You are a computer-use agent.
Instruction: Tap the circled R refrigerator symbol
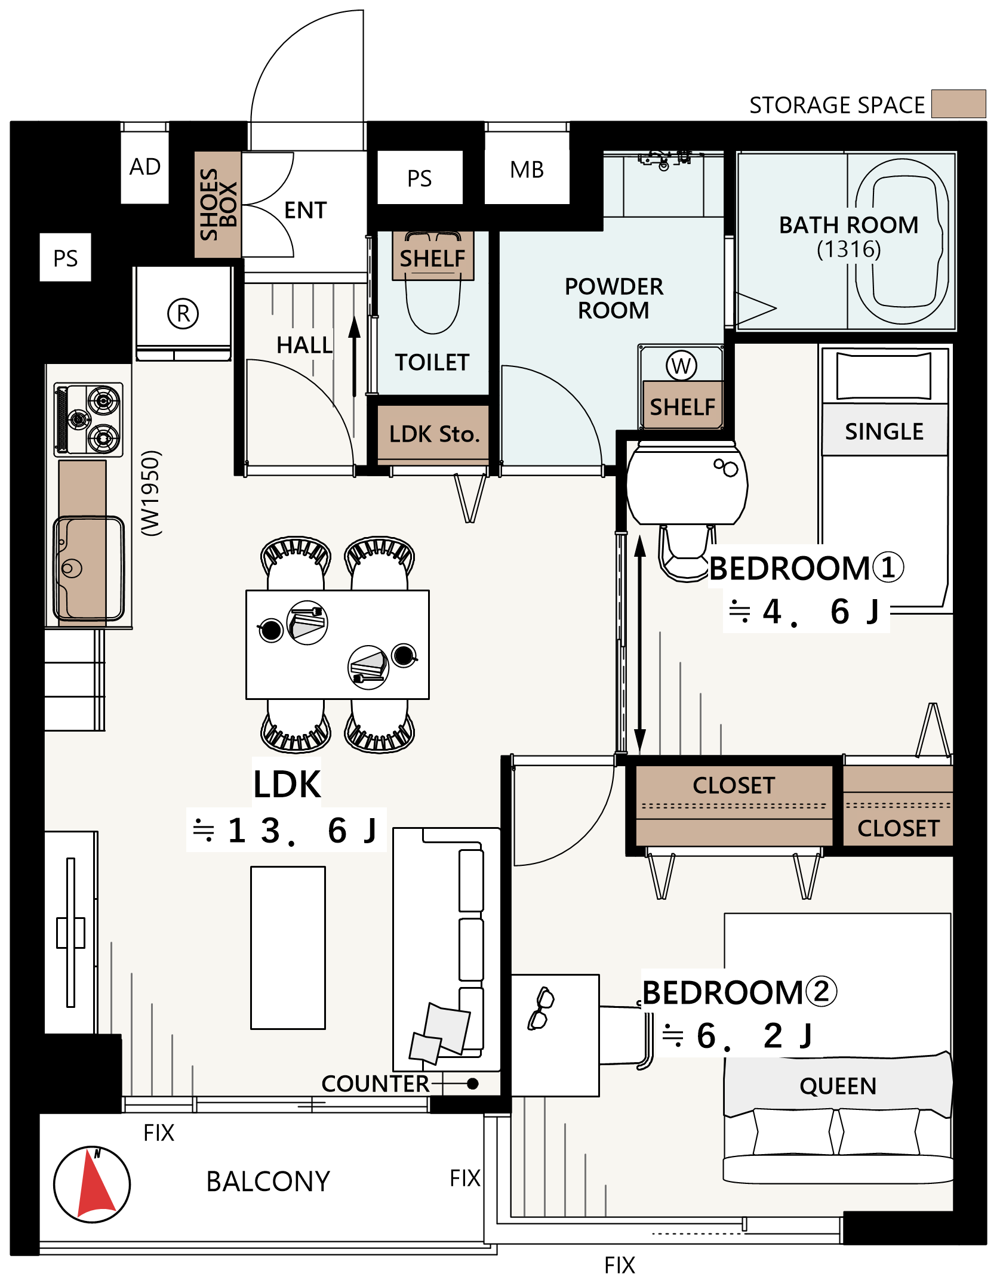(x=183, y=313)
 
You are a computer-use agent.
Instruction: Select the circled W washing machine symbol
(x=681, y=365)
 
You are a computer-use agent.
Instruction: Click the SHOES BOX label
(x=218, y=204)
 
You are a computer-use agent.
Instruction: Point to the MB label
(x=527, y=169)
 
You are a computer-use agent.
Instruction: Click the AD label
(x=145, y=166)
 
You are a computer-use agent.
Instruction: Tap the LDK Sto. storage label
(x=435, y=434)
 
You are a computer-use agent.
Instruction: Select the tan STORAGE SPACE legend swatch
(x=958, y=104)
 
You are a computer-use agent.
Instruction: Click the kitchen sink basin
(x=89, y=568)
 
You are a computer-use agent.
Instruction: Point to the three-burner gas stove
(x=89, y=420)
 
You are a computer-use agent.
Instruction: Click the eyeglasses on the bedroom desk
(x=541, y=1008)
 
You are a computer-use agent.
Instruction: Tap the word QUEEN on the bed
(x=838, y=1086)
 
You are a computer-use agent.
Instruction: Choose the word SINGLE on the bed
(x=884, y=431)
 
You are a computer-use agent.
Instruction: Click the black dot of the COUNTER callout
(x=473, y=1084)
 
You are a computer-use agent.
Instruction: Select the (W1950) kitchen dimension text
(x=150, y=493)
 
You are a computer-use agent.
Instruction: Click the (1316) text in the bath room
(x=849, y=249)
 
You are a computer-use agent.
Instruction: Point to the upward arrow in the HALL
(x=355, y=356)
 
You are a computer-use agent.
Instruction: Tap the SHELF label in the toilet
(x=433, y=258)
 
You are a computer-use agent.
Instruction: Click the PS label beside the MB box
(x=420, y=178)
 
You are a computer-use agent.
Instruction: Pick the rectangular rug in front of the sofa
(x=288, y=948)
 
